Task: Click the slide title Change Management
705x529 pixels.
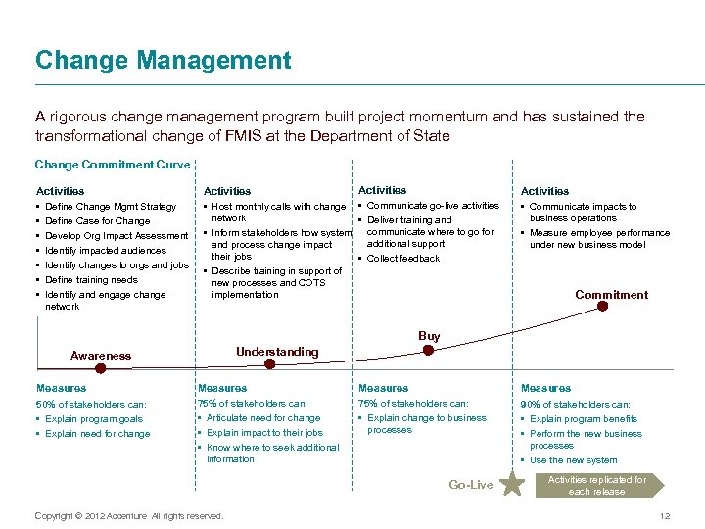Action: click(163, 61)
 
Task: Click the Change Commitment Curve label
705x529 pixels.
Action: click(113, 165)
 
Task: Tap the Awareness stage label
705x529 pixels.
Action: click(101, 356)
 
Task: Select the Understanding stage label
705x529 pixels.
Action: click(277, 352)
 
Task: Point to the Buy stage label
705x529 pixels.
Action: click(429, 336)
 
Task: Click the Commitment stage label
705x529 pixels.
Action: click(611, 294)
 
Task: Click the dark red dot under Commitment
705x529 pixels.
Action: click(603, 306)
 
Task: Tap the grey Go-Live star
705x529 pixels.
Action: click(511, 483)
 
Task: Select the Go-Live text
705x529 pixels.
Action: click(470, 485)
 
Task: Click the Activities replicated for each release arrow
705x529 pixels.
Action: click(598, 485)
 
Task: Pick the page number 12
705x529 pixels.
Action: click(664, 516)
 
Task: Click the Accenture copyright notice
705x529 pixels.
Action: click(128, 515)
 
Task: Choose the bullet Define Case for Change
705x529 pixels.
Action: click(98, 221)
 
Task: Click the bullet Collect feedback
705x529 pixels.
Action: click(403, 259)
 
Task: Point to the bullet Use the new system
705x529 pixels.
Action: click(573, 460)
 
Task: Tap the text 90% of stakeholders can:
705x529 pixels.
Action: click(575, 404)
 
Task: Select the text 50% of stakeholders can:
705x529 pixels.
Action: click(91, 404)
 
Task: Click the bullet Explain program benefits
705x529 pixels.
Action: click(584, 419)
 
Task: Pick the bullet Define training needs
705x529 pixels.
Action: click(92, 280)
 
